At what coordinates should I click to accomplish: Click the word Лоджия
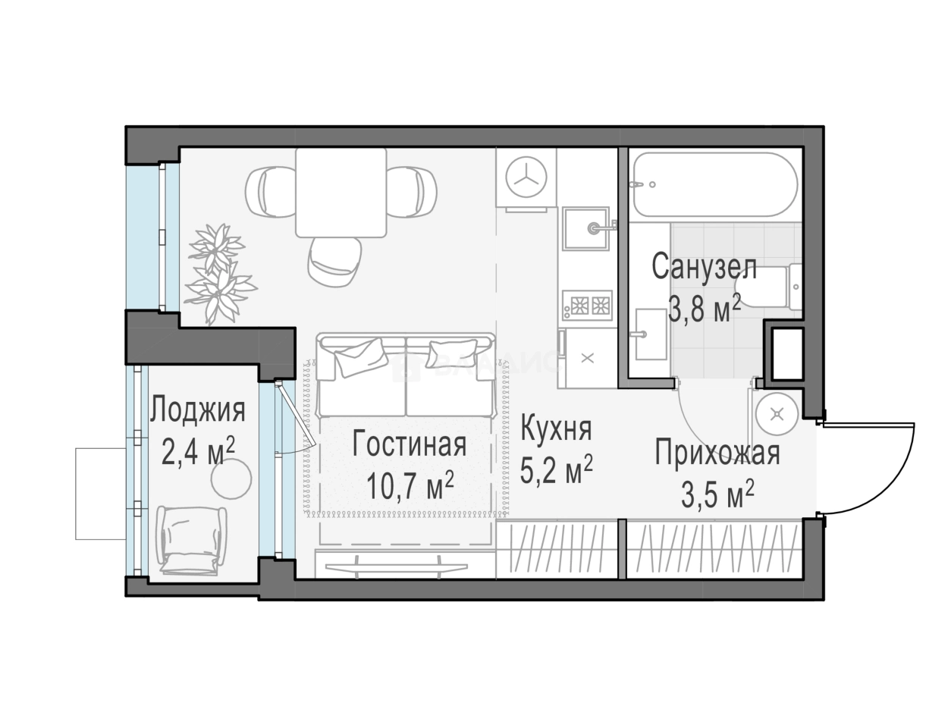point(197,410)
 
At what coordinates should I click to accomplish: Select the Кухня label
point(556,429)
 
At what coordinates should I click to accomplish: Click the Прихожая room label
point(717,454)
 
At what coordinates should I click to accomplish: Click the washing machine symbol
point(527,177)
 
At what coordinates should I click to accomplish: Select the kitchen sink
point(585,228)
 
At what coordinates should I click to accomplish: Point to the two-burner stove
point(585,305)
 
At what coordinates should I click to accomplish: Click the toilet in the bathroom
point(774,287)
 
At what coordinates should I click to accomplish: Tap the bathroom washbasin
point(651,334)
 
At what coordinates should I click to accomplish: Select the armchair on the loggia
point(192,539)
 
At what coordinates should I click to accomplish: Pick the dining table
point(341,193)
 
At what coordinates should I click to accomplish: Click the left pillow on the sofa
point(359,356)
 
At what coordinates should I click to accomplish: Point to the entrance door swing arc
point(887,466)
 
